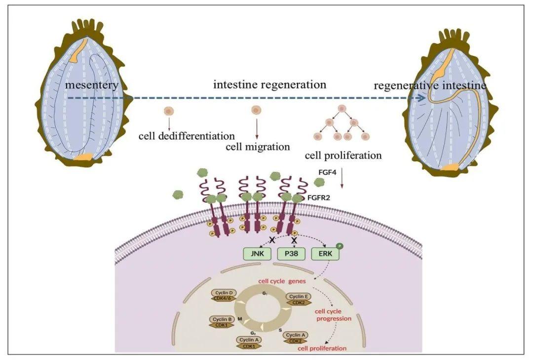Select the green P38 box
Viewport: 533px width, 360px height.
[x=292, y=255]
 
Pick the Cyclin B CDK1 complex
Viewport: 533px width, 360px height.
[x=223, y=321]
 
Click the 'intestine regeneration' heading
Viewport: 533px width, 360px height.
[x=269, y=84]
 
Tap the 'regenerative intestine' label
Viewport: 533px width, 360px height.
[x=430, y=86]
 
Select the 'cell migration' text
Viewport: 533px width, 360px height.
[x=258, y=147]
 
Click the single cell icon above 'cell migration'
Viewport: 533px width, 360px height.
[x=256, y=110]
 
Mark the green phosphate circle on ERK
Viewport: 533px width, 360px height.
[x=340, y=245]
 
